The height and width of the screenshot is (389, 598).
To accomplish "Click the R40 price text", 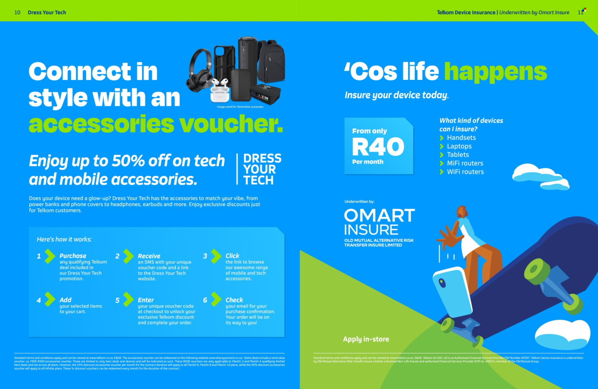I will tap(378, 147).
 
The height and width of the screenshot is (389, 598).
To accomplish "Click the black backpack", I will tap(271, 62).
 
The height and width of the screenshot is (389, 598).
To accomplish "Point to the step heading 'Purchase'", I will tap(73, 256).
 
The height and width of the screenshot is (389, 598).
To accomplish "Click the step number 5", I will tap(117, 300).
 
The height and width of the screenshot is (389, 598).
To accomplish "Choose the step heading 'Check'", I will tap(234, 300).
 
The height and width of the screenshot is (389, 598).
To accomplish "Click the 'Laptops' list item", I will tap(459, 146).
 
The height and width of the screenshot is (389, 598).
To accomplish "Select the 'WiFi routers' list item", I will tap(465, 172).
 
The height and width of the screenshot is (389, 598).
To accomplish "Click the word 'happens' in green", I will tap(495, 72).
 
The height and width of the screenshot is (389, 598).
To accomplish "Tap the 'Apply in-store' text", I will tap(366, 339).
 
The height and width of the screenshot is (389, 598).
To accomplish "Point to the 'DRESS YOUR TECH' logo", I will tap(262, 169).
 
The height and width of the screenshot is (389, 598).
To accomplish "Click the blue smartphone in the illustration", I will tap(452, 291).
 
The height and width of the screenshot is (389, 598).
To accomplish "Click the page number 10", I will tap(17, 12).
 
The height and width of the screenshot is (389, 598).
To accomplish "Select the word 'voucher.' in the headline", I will tap(231, 124).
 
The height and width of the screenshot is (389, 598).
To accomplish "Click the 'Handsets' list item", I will tap(461, 138).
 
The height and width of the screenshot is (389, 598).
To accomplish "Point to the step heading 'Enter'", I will tap(145, 300).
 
